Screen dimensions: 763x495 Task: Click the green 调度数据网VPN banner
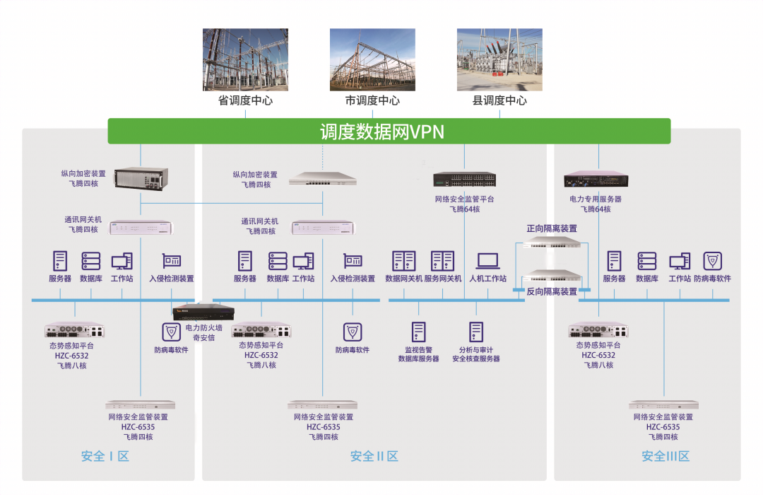click(389, 131)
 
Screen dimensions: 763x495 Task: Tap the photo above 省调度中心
click(245, 59)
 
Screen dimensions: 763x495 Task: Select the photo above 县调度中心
click(499, 59)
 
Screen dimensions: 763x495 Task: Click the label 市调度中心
click(372, 100)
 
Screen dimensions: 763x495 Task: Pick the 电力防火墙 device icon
click(203, 312)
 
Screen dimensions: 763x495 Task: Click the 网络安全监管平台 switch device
click(464, 180)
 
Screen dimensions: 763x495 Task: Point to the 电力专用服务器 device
click(596, 180)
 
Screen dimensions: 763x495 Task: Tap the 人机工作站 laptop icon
click(487, 261)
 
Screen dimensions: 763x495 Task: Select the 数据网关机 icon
click(404, 261)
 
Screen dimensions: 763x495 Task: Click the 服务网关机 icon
click(442, 261)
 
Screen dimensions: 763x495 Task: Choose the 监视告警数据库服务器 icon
click(418, 332)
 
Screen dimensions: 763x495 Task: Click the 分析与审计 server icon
click(476, 332)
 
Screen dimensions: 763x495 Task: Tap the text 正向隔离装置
click(552, 228)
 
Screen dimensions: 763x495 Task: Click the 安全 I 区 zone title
click(105, 457)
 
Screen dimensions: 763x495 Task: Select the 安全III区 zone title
click(666, 457)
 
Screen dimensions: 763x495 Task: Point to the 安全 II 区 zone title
click(374, 457)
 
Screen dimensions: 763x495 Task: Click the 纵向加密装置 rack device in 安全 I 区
click(141, 178)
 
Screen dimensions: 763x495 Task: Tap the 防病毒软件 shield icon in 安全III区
click(712, 261)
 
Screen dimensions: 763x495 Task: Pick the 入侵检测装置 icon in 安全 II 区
click(353, 261)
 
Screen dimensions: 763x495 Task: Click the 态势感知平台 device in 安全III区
click(598, 330)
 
